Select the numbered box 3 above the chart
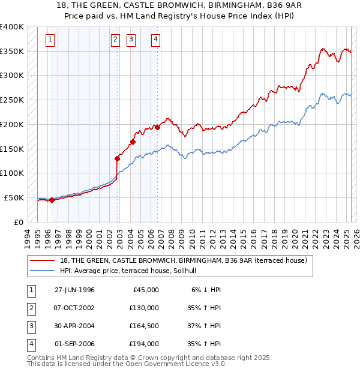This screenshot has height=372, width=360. (x=131, y=40)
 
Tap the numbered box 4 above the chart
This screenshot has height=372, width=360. (x=155, y=40)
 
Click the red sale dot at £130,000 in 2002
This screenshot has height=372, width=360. (x=118, y=158)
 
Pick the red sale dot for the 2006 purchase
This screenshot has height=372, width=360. (x=157, y=127)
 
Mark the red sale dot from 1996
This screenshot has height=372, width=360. (x=52, y=200)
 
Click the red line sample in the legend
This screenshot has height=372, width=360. (x=42, y=260)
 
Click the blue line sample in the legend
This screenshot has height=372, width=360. (x=42, y=271)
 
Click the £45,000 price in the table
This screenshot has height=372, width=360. (x=145, y=290)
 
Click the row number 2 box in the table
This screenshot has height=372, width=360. (x=30, y=308)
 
